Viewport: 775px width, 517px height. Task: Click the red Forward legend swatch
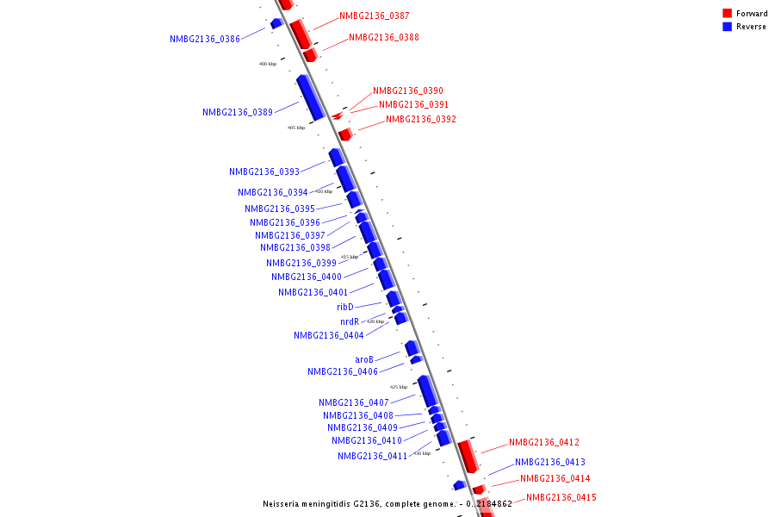[728, 14]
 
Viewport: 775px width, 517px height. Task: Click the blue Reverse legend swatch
[728, 27]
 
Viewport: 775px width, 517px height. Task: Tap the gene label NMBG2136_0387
[374, 16]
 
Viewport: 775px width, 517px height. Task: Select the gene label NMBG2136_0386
[205, 40]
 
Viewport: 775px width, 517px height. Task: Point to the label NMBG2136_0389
[238, 113]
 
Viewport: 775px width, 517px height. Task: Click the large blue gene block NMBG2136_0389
[311, 97]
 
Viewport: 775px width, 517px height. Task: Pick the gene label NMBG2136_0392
[420, 120]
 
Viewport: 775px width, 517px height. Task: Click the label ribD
[345, 308]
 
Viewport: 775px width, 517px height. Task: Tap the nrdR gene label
[350, 322]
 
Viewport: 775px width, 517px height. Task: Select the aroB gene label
[364, 360]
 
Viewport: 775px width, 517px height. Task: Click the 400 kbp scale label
[268, 64]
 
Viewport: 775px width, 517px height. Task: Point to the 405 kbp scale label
[296, 128]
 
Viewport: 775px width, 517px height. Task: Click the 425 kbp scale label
[399, 387]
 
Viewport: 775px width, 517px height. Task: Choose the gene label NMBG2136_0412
[543, 443]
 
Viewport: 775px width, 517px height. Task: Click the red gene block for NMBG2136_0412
[468, 455]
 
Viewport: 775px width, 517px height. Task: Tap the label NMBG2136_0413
[549, 463]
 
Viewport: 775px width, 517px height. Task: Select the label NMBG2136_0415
[561, 498]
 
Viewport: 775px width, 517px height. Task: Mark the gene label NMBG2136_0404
[328, 336]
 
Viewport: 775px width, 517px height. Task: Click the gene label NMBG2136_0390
[407, 91]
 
